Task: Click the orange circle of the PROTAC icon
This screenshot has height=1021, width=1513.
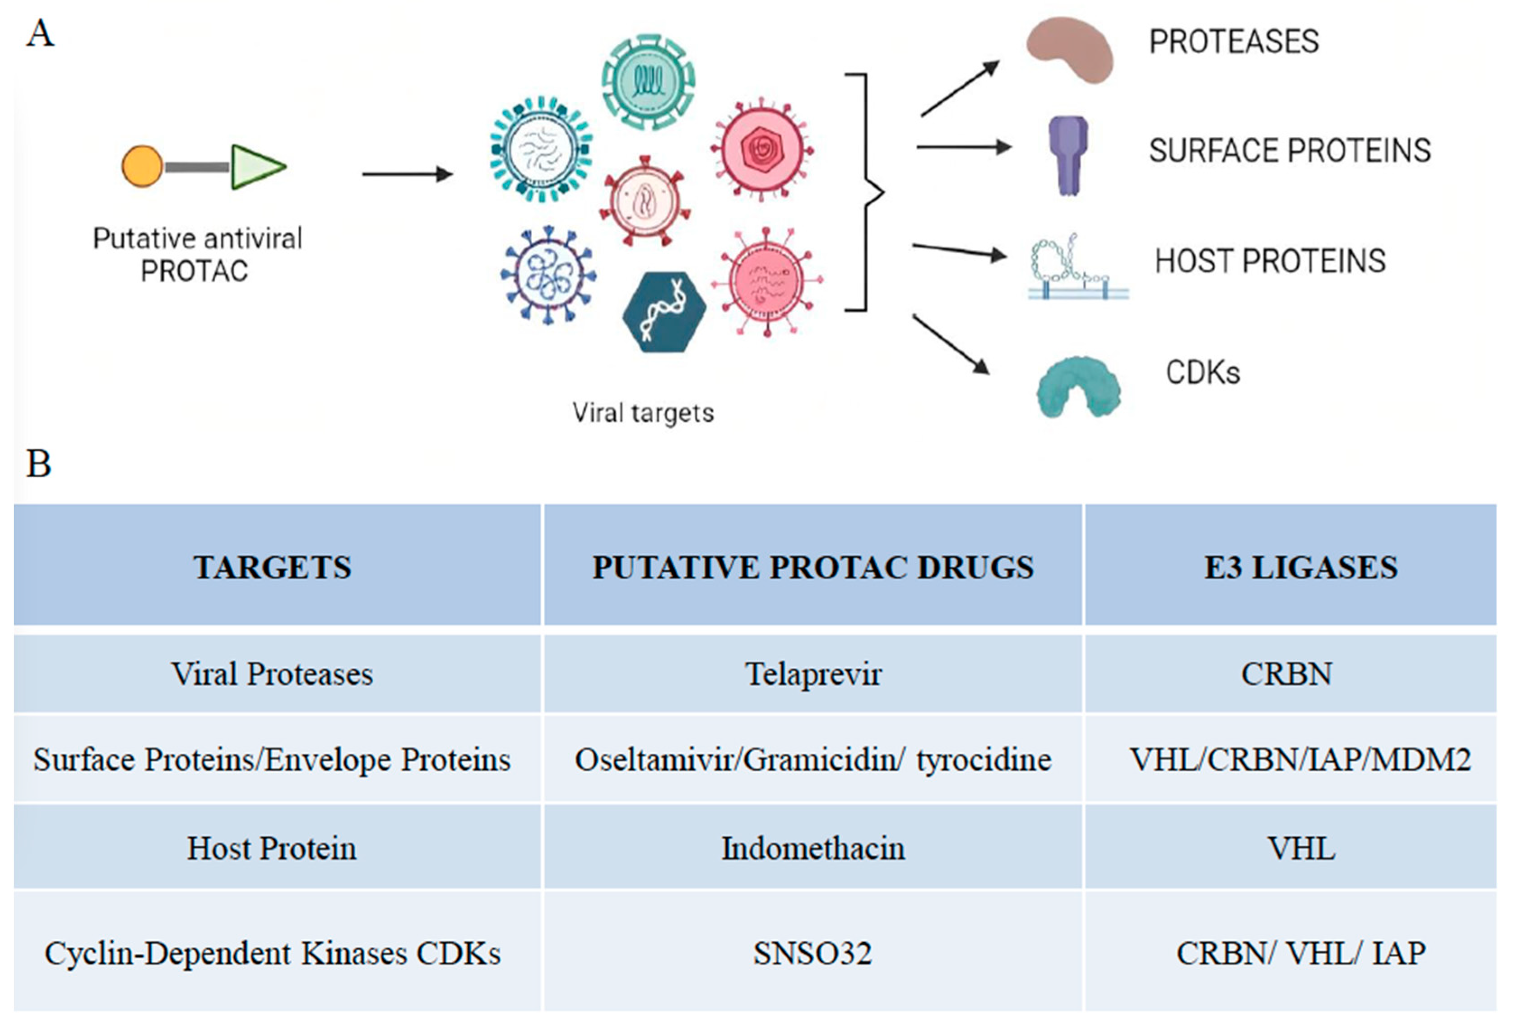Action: click(142, 166)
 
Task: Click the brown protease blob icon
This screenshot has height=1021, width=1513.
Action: click(1069, 50)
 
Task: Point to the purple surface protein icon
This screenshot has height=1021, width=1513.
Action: click(1068, 154)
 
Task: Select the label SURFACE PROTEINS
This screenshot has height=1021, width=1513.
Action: click(1289, 150)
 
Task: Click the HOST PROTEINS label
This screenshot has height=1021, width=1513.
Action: click(1270, 261)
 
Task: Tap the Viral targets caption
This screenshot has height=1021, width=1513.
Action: click(642, 413)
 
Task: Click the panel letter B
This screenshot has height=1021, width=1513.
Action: click(38, 464)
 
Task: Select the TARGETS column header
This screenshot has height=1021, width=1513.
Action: click(272, 567)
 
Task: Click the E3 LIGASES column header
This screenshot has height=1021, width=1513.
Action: click(1300, 567)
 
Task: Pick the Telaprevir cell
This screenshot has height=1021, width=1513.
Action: click(813, 674)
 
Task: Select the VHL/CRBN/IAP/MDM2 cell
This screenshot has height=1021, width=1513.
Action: click(1300, 759)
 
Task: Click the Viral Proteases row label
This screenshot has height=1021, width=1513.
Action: click(272, 674)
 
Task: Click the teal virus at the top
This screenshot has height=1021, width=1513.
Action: click(648, 81)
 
